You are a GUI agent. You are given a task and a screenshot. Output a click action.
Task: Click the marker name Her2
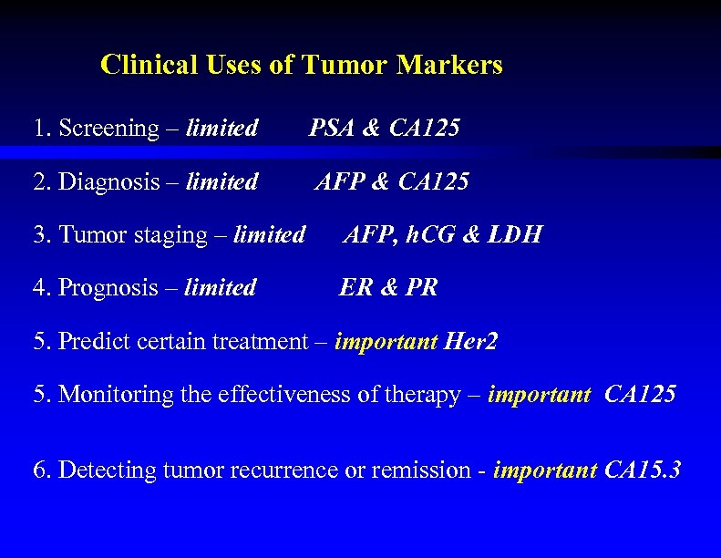pyautogui.click(x=470, y=342)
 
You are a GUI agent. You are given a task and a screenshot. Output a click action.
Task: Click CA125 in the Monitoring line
pyautogui.click(x=640, y=395)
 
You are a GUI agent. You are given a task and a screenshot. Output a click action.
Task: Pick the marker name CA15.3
pyautogui.click(x=643, y=470)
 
